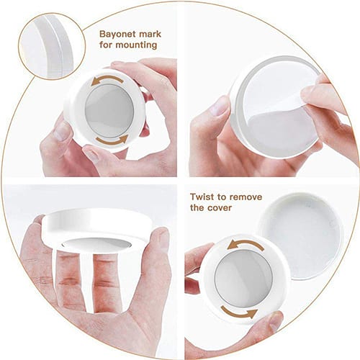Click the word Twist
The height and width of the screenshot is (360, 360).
point(202,197)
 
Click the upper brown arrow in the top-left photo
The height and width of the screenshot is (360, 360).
point(107,80)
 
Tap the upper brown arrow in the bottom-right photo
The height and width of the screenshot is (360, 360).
point(246,245)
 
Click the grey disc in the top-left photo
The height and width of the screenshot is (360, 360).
point(109,111)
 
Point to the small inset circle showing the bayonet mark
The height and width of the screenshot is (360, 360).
point(52,46)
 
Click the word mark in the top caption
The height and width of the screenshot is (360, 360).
point(150,34)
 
